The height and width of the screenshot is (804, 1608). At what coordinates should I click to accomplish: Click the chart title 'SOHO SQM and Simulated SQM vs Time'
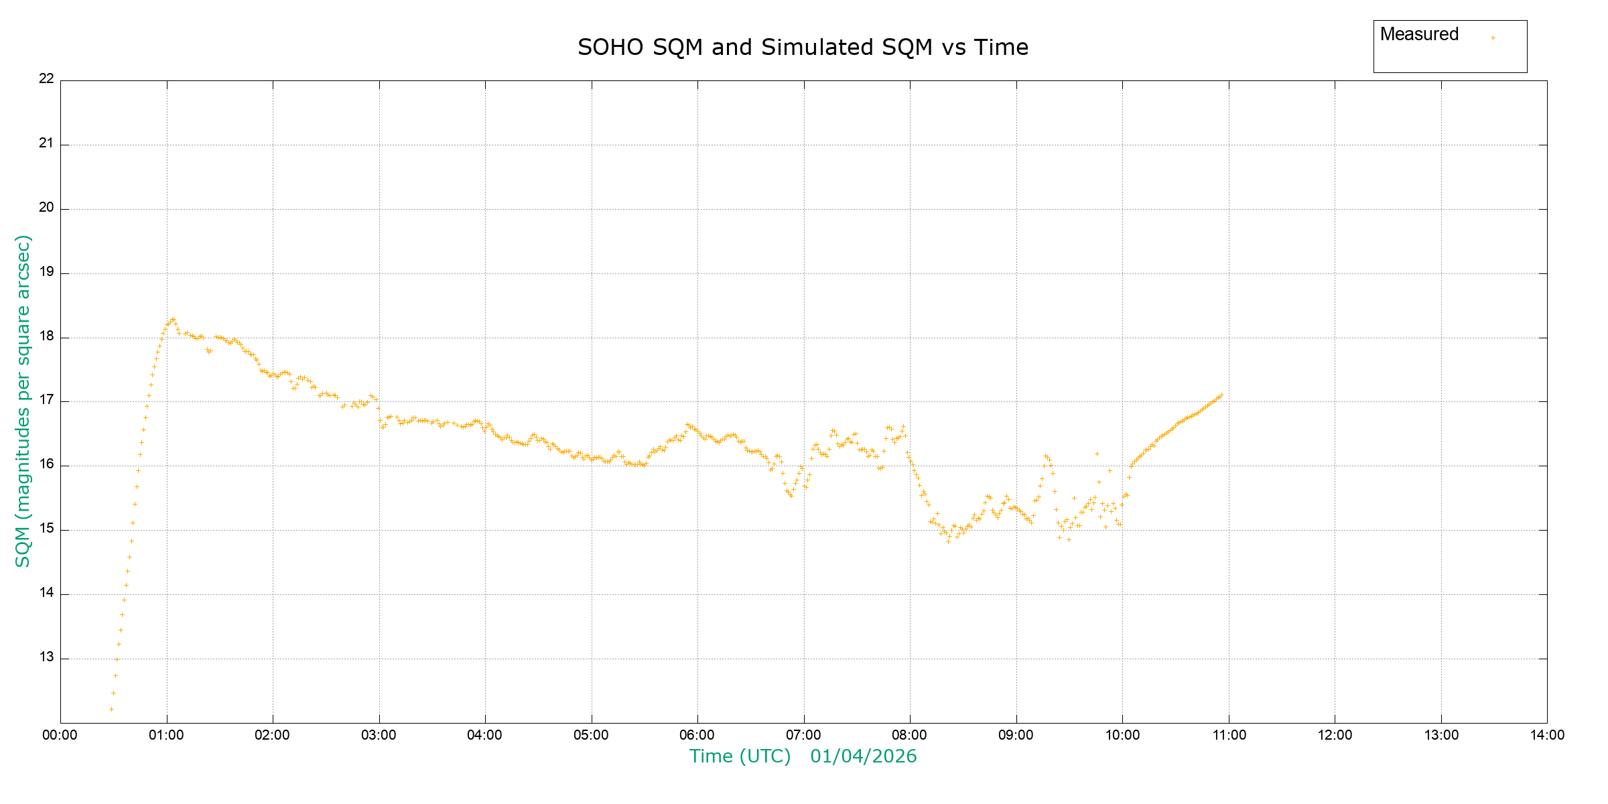pyautogui.click(x=803, y=48)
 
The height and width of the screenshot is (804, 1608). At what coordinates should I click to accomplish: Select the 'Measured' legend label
pyautogui.click(x=1419, y=35)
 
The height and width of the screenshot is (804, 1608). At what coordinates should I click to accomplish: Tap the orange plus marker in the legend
pyautogui.click(x=1493, y=38)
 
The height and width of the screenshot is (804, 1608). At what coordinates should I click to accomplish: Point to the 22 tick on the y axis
pyautogui.click(x=46, y=78)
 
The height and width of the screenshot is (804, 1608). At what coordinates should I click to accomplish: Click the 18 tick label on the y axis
pyautogui.click(x=46, y=336)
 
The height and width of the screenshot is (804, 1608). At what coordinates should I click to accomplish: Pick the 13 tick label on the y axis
pyautogui.click(x=46, y=657)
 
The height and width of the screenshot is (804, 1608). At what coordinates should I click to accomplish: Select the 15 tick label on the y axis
pyautogui.click(x=46, y=529)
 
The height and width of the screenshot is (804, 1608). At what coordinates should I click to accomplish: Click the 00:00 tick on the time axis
pyautogui.click(x=60, y=735)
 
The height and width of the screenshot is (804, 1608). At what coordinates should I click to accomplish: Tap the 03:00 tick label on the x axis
pyautogui.click(x=379, y=735)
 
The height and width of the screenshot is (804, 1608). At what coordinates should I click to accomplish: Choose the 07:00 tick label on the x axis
pyautogui.click(x=803, y=735)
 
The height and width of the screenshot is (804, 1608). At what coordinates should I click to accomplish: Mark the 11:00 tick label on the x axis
pyautogui.click(x=1229, y=735)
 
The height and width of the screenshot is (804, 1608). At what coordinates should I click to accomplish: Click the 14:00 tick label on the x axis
pyautogui.click(x=1547, y=735)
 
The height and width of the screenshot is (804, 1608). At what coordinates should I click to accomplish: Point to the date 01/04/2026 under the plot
pyautogui.click(x=863, y=756)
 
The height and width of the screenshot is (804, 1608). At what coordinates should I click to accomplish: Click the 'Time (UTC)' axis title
pyautogui.click(x=740, y=756)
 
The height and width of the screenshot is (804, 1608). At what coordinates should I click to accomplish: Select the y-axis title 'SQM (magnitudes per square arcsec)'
pyautogui.click(x=23, y=401)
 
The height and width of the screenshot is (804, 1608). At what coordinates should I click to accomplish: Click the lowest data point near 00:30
pyautogui.click(x=111, y=709)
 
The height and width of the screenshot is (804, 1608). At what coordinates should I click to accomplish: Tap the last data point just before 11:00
pyautogui.click(x=1221, y=395)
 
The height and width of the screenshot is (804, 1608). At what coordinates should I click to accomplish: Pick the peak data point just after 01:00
pyautogui.click(x=172, y=320)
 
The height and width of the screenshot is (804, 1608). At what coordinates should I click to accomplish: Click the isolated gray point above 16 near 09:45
pyautogui.click(x=1097, y=454)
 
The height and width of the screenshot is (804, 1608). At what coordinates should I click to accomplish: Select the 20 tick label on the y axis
pyautogui.click(x=46, y=207)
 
